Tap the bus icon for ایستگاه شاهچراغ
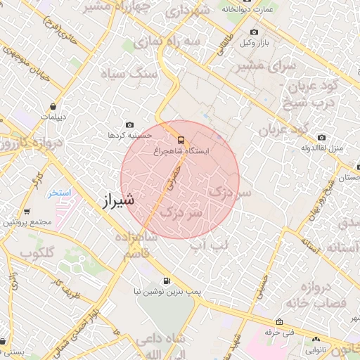click(181, 139)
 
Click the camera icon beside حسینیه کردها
click(129, 124)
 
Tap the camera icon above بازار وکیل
click(254, 32)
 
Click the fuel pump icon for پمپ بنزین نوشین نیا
click(166, 279)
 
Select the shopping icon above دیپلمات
click(53, 106)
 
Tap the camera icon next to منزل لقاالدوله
click(321, 138)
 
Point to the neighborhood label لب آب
click(212, 244)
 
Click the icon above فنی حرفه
click(280, 320)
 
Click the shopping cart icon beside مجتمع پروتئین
click(27, 211)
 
